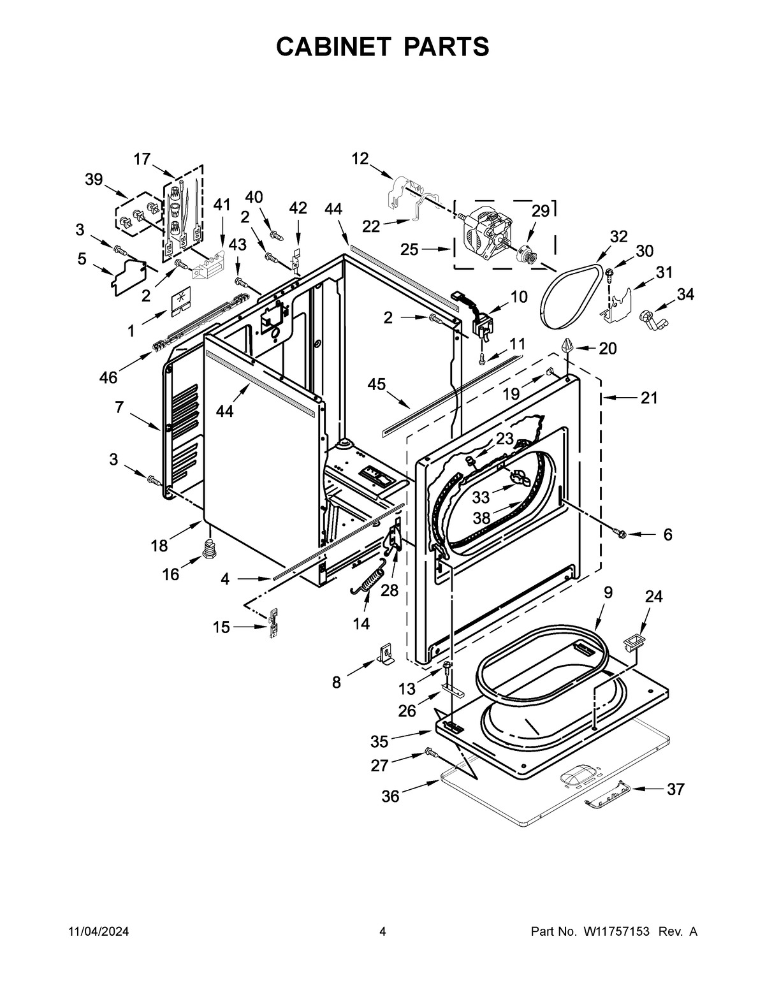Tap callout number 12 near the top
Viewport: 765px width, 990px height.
[x=360, y=158]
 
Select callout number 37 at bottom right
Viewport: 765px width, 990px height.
[x=675, y=789]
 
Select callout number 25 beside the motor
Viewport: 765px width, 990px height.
[x=410, y=249]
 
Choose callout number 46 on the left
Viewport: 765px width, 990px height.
[x=108, y=377]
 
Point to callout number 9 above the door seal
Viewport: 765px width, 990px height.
[x=608, y=592]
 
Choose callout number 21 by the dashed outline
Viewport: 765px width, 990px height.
[x=649, y=398]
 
